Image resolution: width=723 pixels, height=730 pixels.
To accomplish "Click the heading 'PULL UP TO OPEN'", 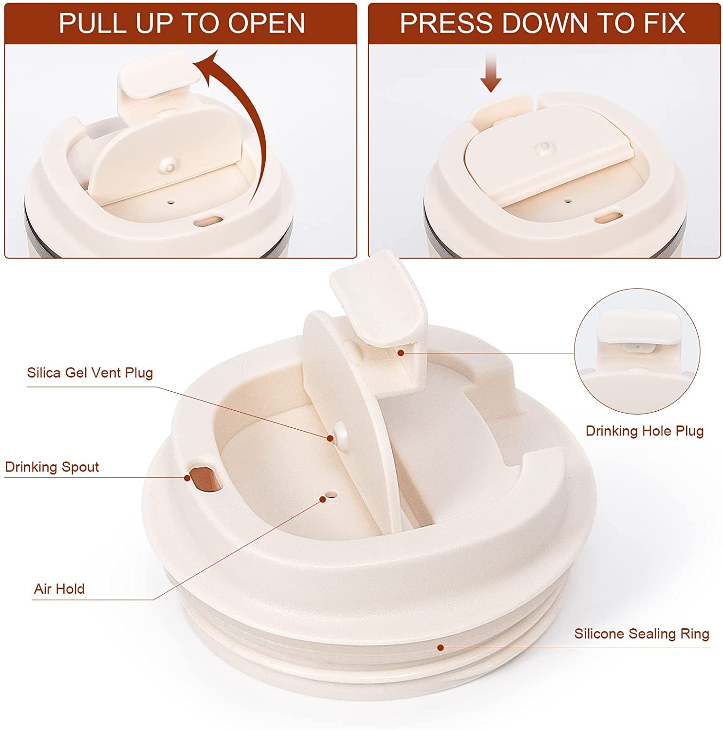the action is [x=182, y=23].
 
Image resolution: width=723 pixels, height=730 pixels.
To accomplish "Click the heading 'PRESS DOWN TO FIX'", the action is [x=543, y=23].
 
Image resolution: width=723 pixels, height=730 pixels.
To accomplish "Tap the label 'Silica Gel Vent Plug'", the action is [x=90, y=373].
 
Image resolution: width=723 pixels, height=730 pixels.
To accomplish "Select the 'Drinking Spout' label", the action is [x=52, y=467].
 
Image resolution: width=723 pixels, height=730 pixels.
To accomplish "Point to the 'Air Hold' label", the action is [x=59, y=589].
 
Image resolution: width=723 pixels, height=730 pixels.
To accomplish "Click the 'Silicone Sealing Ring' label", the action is [x=642, y=634].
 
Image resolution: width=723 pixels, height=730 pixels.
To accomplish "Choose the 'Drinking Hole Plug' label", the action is [x=645, y=431].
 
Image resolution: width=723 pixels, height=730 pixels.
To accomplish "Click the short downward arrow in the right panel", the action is [x=491, y=73].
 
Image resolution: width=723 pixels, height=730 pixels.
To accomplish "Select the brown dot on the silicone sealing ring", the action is [x=441, y=647].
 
